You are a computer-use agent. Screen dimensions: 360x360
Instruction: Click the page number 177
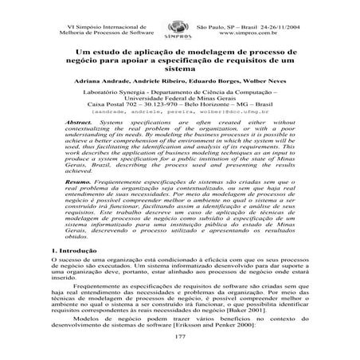point(180,338)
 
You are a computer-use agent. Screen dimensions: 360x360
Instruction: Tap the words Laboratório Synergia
point(119,94)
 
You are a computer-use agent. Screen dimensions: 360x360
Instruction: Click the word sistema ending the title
point(180,69)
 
